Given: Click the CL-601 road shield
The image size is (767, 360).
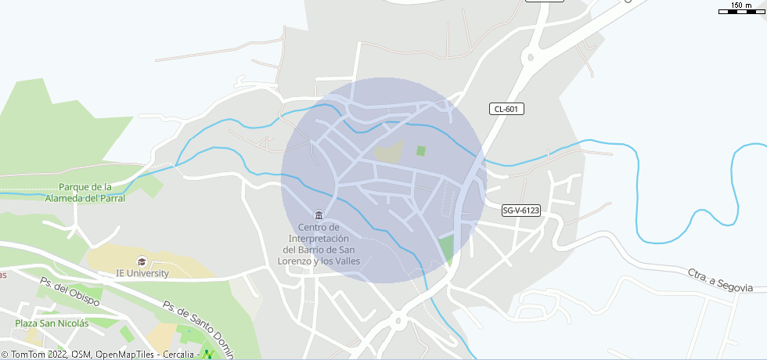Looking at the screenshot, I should coord(507,109).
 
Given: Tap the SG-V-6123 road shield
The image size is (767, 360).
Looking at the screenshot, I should coord(521,211).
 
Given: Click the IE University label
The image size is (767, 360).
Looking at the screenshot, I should coord(142,273).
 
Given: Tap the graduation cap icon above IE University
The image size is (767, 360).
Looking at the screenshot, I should coord(142,261).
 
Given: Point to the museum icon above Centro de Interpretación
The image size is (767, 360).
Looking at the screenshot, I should coord(318,215).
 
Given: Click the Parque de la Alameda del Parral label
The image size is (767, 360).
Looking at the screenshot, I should coord(92,193).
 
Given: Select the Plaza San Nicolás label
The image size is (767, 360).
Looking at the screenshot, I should coord(52,323).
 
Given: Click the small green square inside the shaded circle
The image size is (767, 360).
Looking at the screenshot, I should coord(421,151).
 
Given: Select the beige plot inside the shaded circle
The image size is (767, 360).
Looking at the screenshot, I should coord(388,152).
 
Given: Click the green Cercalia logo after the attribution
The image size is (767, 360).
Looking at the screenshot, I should coord(208,355).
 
